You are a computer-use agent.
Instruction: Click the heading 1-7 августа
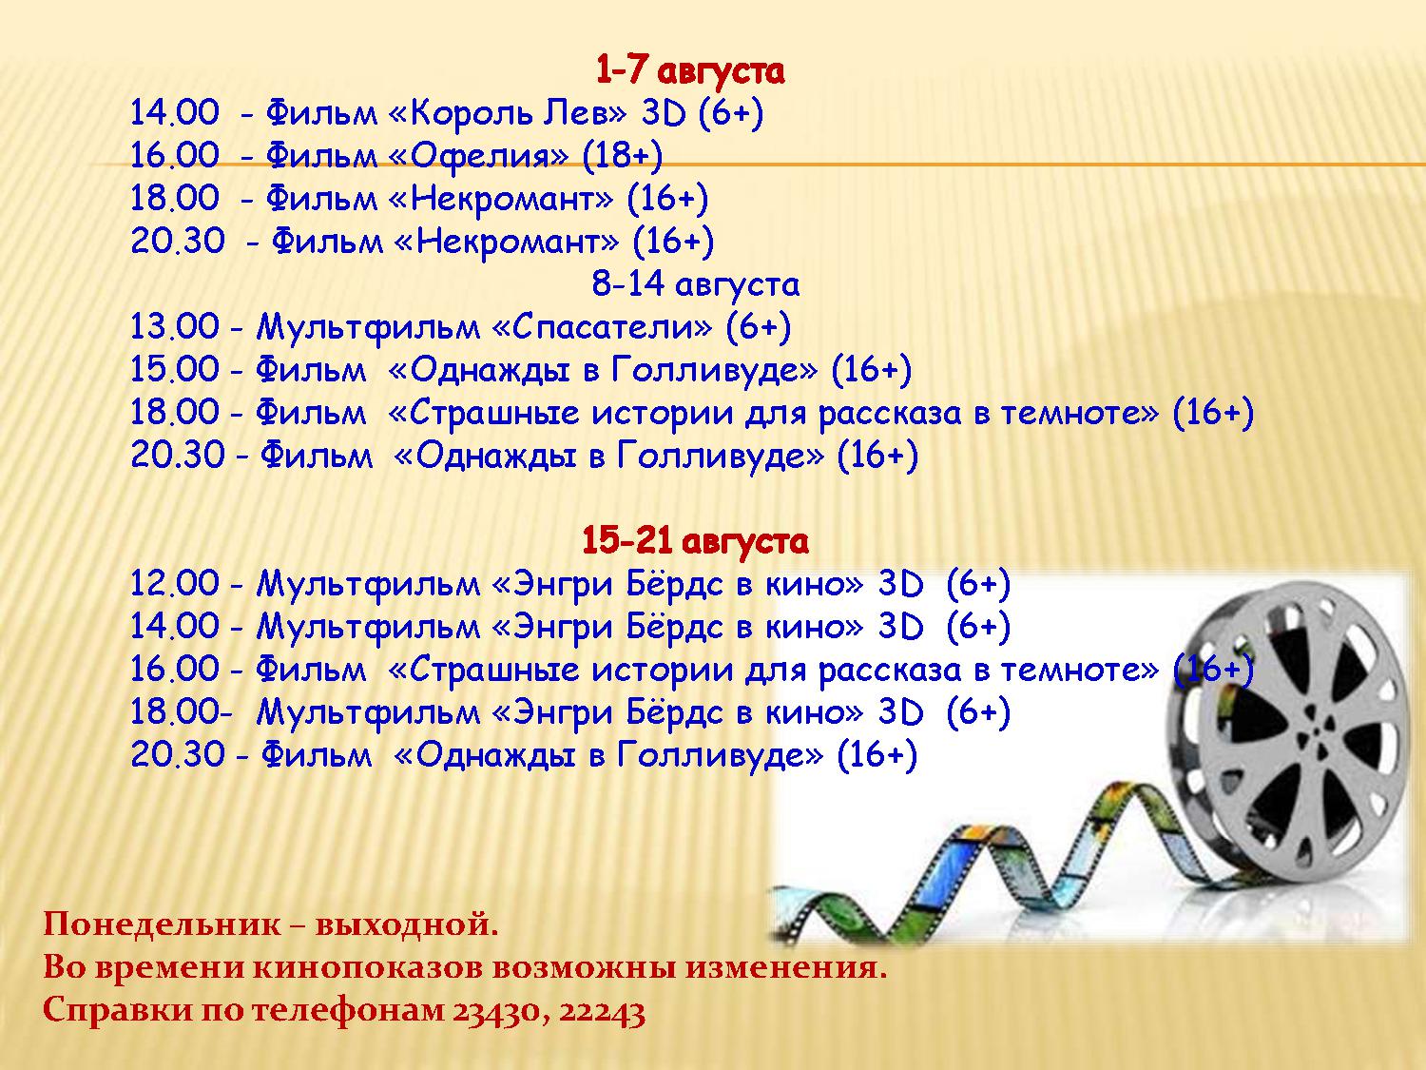click(689, 70)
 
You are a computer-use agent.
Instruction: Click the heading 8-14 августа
click(695, 284)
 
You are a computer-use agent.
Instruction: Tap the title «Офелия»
click(478, 156)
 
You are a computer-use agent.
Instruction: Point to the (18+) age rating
click(623, 156)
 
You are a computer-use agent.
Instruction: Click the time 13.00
click(175, 326)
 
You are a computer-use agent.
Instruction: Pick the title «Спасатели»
click(602, 326)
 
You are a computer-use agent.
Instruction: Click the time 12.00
click(175, 583)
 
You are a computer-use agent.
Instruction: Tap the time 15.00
click(175, 369)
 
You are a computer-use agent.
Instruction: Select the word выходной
click(407, 925)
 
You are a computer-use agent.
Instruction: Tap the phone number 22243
click(602, 1011)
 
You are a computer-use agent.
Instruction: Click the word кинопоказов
click(368, 968)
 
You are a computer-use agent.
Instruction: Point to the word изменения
click(786, 968)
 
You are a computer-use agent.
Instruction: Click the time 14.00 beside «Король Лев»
click(175, 113)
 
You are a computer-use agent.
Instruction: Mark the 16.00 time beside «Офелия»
click(175, 156)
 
